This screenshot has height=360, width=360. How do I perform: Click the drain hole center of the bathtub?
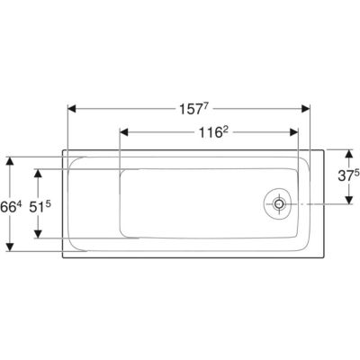click(x=279, y=204)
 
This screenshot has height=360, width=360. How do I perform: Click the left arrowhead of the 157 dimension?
click(x=72, y=109)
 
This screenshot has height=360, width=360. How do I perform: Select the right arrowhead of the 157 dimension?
click(x=305, y=109)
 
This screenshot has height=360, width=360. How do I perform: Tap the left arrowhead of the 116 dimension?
click(x=124, y=132)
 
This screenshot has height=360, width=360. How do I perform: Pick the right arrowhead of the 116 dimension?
click(x=294, y=132)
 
